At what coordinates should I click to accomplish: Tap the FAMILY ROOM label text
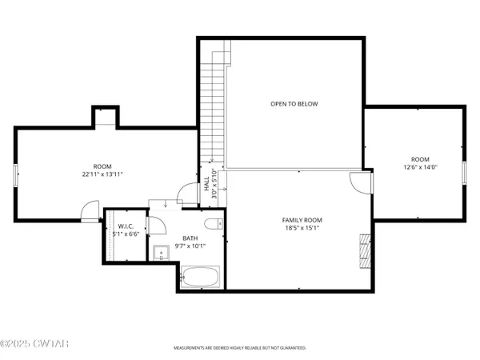[x=302, y=220]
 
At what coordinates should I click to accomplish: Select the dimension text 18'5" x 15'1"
[x=302, y=229]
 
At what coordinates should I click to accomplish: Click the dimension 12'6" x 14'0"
[x=420, y=167]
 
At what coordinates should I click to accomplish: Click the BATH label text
[x=190, y=238]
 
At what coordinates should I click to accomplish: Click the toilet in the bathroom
[x=213, y=223]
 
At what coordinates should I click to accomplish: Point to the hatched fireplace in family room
[x=366, y=250]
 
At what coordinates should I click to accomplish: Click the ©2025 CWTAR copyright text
[x=32, y=346]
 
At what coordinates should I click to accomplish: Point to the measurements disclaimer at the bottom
[x=240, y=349]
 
